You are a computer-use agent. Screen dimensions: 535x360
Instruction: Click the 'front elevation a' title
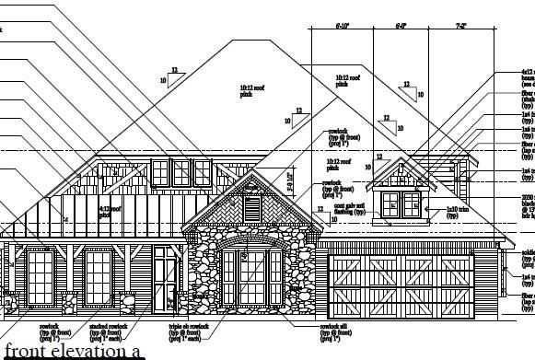pos(74,350)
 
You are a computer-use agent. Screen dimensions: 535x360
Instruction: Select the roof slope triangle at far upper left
pos(167,76)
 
